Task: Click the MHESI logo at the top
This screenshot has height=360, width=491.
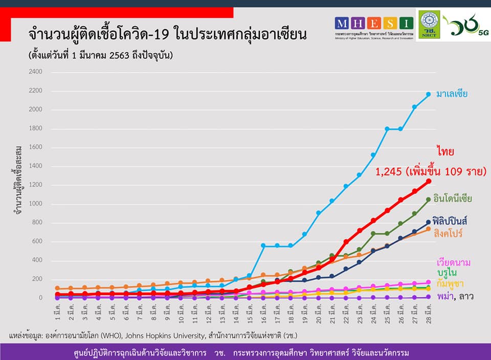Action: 374,23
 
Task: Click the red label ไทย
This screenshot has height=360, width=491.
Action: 446,152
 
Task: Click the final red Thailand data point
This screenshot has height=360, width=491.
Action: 429,181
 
